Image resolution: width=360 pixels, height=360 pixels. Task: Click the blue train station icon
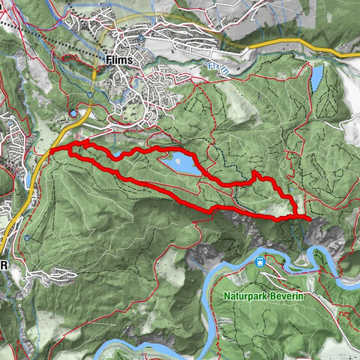coord(259,262)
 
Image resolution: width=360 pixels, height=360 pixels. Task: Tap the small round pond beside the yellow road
coord(73,113)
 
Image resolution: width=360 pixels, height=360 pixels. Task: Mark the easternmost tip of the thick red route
coord(309,217)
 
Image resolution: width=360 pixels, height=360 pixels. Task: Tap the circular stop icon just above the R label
coord(27,238)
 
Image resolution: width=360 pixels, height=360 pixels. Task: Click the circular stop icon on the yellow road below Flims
coord(88,94)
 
